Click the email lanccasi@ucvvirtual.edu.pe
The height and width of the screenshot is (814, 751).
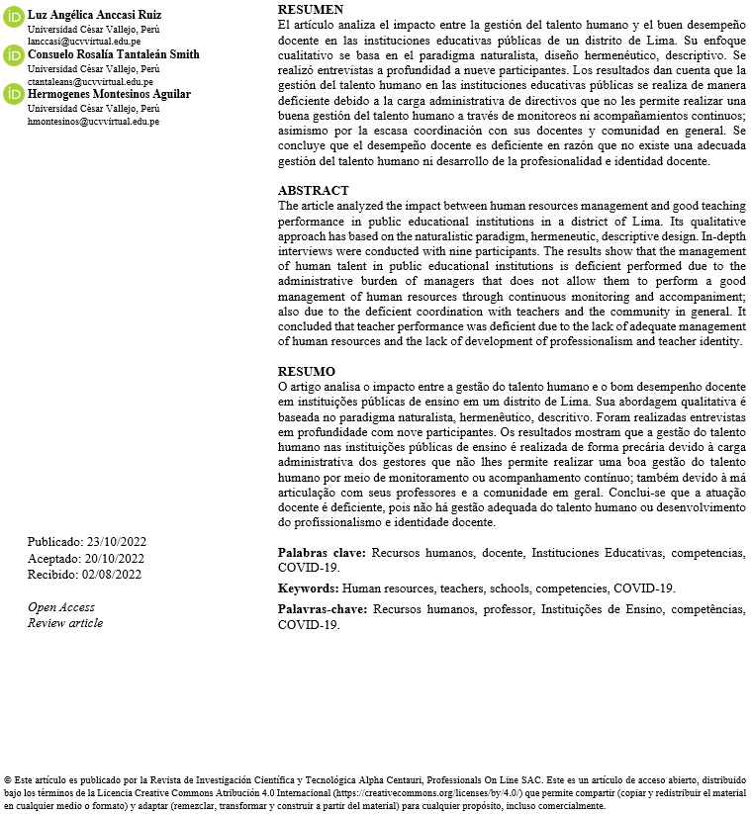click(x=84, y=42)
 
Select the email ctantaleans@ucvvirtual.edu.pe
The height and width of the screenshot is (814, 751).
click(x=89, y=82)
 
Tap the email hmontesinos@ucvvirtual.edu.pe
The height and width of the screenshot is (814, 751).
click(x=93, y=122)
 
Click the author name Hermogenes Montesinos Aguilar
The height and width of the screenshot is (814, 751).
click(x=109, y=94)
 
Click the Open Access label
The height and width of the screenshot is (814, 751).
click(x=61, y=607)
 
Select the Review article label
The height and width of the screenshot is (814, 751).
click(x=65, y=623)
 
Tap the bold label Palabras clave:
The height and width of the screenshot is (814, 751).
click(x=322, y=553)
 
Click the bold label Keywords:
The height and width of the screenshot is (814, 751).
click(x=309, y=588)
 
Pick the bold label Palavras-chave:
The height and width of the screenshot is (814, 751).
click(x=322, y=609)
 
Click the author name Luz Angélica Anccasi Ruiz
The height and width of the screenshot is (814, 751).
click(x=94, y=15)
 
